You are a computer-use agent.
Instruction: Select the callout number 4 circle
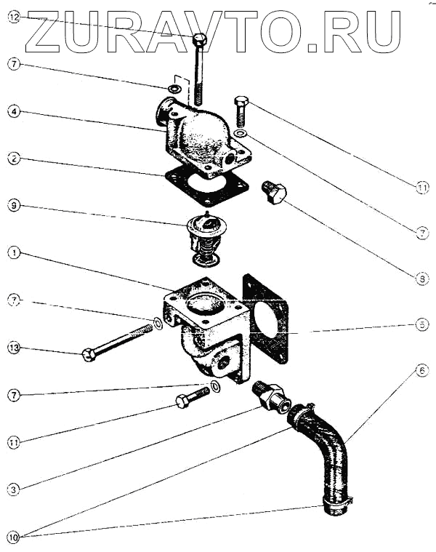pos(14,112)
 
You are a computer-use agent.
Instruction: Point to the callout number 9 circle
pos(14,206)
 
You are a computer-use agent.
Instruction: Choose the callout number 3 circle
pos(14,489)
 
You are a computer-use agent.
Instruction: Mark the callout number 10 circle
pos(14,537)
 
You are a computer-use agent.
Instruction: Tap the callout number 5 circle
pos(422,325)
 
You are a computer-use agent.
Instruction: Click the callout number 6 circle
pos(422,370)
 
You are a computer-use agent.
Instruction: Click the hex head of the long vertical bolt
pos(201,39)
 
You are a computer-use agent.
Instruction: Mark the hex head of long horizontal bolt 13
pos(89,356)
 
